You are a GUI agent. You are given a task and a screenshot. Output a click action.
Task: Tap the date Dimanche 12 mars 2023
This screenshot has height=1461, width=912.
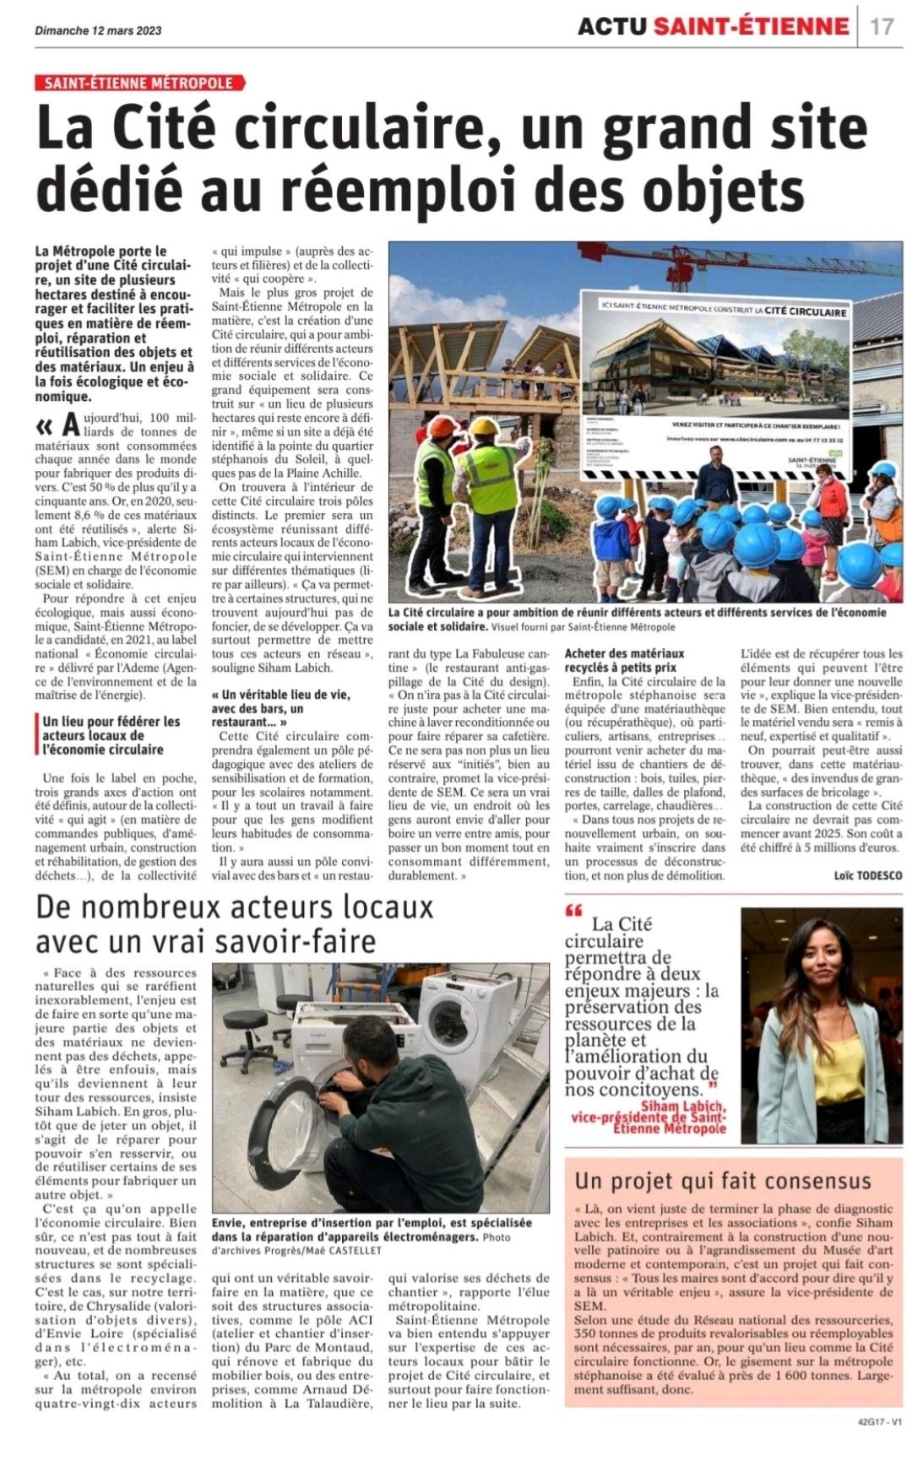click(99, 30)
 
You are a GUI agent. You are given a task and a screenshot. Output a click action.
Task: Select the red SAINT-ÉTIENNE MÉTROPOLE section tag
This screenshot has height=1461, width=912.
click(139, 83)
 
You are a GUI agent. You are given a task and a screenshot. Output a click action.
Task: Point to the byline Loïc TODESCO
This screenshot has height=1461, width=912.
click(867, 875)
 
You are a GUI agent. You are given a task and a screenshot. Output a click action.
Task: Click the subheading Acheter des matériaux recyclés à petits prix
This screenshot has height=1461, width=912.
click(625, 660)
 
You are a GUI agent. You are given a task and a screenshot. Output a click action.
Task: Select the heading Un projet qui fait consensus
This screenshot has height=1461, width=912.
click(722, 1180)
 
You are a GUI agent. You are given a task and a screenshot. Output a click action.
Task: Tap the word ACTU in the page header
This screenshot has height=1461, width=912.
click(613, 27)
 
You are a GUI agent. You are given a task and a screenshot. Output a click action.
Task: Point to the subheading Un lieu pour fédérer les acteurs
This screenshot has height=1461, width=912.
click(111, 735)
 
